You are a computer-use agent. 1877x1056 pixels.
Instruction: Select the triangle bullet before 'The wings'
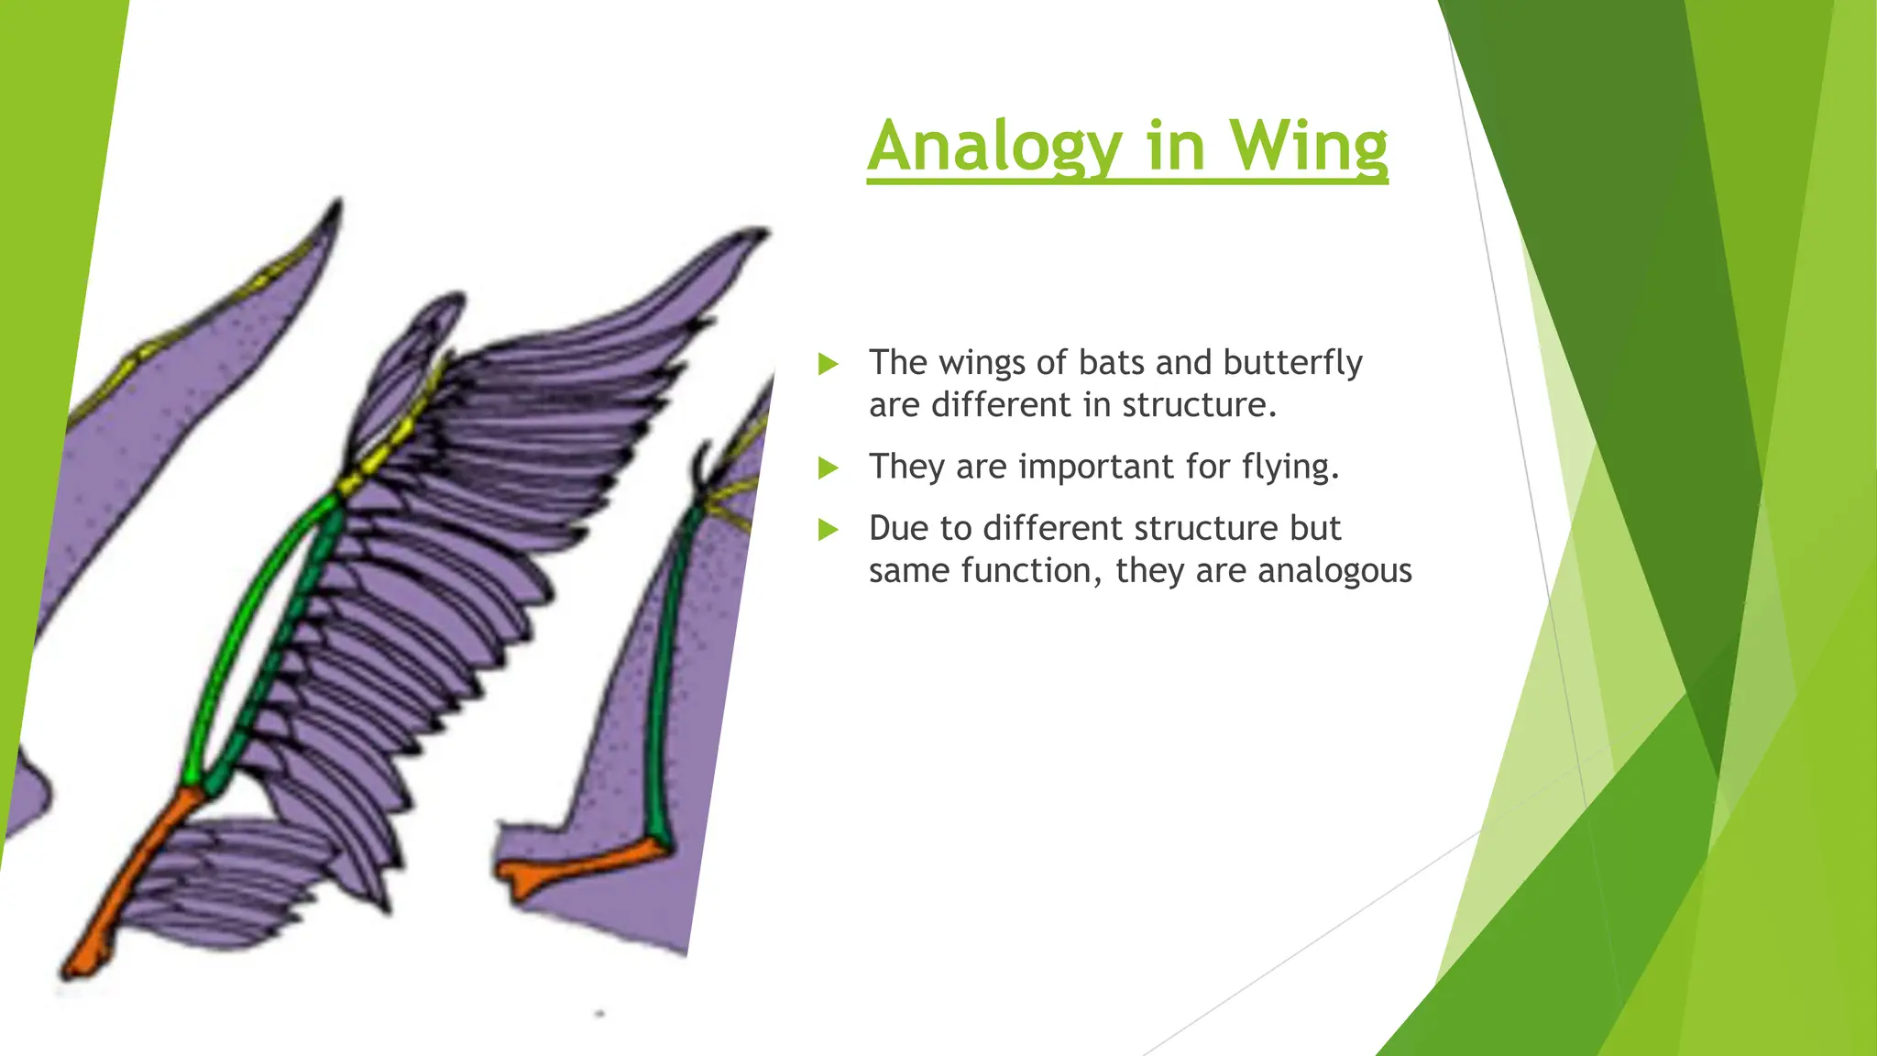(x=829, y=364)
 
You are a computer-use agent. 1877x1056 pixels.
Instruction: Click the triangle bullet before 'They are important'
(x=829, y=468)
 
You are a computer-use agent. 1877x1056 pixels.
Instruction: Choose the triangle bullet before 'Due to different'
(x=829, y=529)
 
